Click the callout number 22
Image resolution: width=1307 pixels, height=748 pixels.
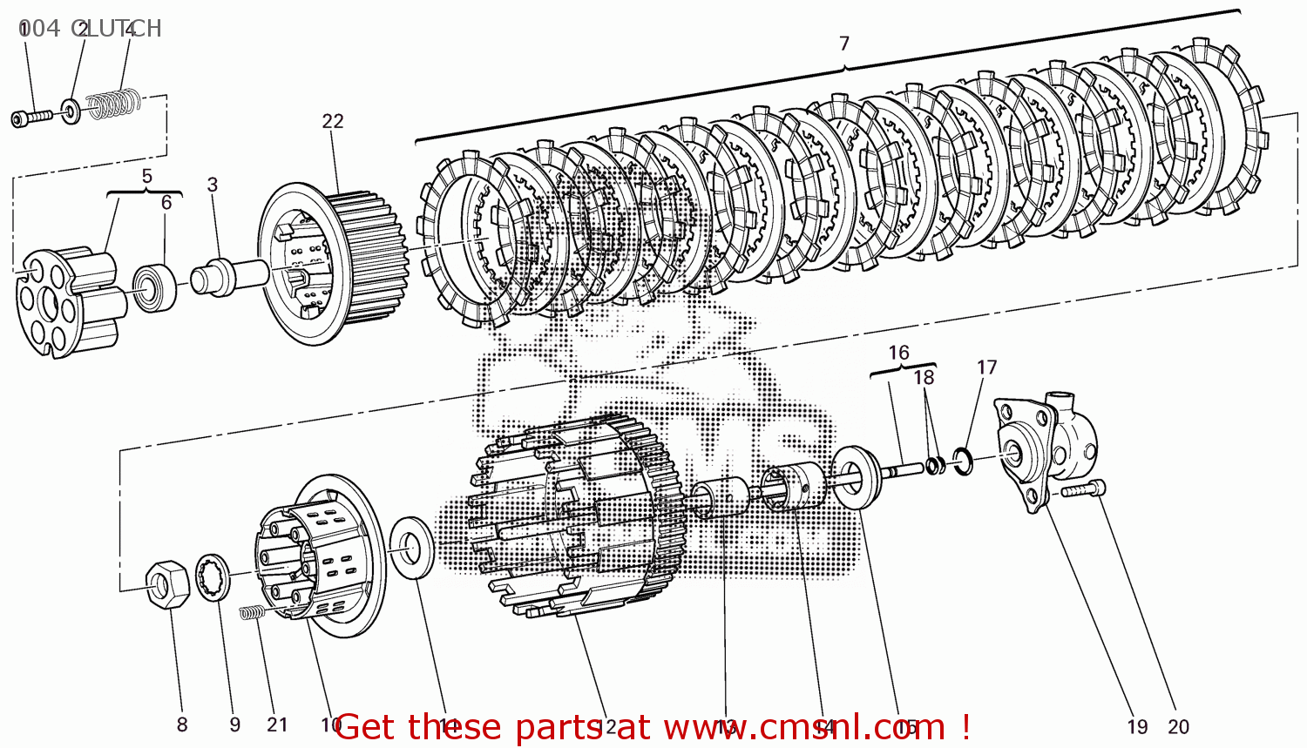[x=333, y=121]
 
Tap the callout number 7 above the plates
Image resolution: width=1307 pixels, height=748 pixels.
[x=843, y=44]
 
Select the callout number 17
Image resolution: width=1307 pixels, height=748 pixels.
[x=986, y=367]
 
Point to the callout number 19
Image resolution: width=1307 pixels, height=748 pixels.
[x=1137, y=726]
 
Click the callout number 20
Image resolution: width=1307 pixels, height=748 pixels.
[x=1178, y=726]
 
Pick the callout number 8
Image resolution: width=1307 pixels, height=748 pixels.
[x=181, y=724]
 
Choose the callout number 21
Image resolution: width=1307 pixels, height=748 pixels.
[x=277, y=724]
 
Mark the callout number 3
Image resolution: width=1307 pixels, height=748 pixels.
[x=213, y=185]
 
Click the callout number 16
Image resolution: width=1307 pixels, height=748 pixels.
[x=898, y=353]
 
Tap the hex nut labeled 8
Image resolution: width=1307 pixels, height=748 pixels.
[x=167, y=583]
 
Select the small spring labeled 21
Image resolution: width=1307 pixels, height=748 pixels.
[x=251, y=613]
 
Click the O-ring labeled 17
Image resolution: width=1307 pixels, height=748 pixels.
[x=962, y=462]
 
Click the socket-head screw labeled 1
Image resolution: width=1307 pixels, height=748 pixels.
[x=31, y=117]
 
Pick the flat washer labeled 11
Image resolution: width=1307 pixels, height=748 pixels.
[x=410, y=547]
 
